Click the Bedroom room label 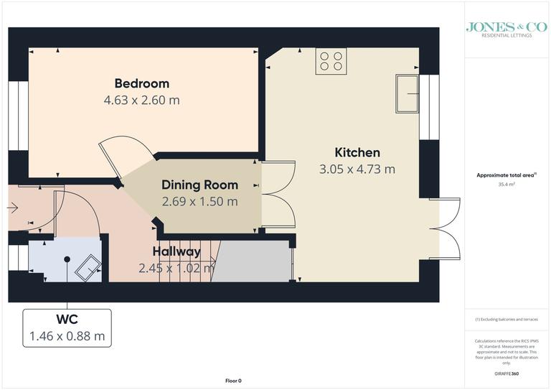pyautogui.click(x=141, y=83)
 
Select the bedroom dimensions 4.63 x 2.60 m pyautogui.click(x=141, y=100)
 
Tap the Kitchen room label pyautogui.click(x=357, y=152)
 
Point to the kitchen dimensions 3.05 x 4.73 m pyautogui.click(x=357, y=170)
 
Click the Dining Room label pyautogui.click(x=199, y=185)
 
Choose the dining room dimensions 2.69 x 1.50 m pyautogui.click(x=199, y=202)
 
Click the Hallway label pyautogui.click(x=176, y=251)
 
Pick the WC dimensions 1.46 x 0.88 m pyautogui.click(x=67, y=335)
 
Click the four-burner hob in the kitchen pyautogui.click(x=331, y=60)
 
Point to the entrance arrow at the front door pyautogui.click(x=12, y=208)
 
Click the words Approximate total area pyautogui.click(x=505, y=175)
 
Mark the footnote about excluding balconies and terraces pyautogui.click(x=507, y=319)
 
